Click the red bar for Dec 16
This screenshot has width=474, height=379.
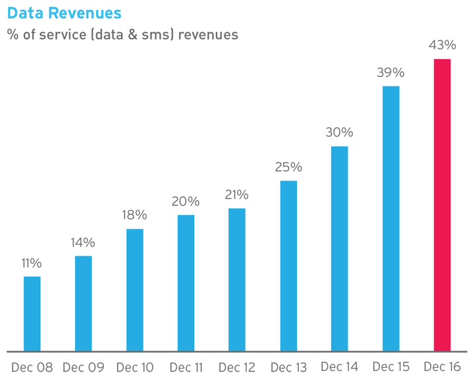(x=442, y=205)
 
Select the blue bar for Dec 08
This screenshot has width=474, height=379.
(x=32, y=314)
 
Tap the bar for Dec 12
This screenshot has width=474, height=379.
(x=237, y=279)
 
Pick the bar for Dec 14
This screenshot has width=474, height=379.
(x=340, y=248)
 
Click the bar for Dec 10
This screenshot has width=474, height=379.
(x=135, y=290)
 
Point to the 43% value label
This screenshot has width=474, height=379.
(x=442, y=45)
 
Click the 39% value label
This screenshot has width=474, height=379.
(x=390, y=73)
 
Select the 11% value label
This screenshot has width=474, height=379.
(x=32, y=263)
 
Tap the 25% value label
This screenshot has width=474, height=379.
(x=288, y=167)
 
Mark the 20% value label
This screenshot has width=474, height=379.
(x=186, y=201)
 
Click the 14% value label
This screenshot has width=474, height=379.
(x=83, y=243)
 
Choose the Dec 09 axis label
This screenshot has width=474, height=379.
(x=84, y=367)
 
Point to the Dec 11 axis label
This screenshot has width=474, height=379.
(x=186, y=367)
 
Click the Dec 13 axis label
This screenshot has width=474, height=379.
(x=289, y=367)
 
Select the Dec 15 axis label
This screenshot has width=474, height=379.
(x=391, y=366)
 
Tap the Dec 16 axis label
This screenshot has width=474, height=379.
(x=442, y=366)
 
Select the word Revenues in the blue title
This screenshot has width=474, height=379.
(x=85, y=13)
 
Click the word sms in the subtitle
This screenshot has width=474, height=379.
(x=156, y=35)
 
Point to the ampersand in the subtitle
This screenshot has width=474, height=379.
(x=132, y=34)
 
